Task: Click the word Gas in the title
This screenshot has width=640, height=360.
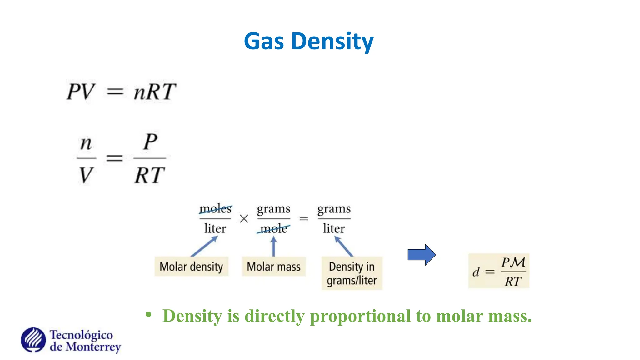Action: point(263,41)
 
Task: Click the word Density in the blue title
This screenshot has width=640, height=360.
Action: point(332,42)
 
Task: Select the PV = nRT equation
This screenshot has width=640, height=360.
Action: point(121,92)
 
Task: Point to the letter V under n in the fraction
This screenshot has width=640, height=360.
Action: point(86,175)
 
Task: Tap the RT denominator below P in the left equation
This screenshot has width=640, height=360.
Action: point(149,175)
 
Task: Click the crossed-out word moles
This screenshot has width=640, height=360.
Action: point(215,209)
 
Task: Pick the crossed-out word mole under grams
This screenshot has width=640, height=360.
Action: point(273,229)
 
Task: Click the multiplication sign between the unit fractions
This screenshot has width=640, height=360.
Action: point(244,219)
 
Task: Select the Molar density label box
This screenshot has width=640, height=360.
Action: point(191,267)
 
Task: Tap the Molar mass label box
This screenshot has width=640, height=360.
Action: point(273,267)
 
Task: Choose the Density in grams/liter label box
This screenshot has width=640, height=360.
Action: point(352,273)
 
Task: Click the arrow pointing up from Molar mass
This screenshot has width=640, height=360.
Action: point(274,246)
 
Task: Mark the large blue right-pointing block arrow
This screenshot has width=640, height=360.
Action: point(422,255)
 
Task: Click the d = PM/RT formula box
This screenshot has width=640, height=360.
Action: point(499,271)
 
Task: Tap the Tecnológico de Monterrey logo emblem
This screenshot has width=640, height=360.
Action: point(33,340)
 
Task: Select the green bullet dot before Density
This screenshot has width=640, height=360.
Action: point(148,314)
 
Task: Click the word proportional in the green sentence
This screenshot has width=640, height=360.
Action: point(360,316)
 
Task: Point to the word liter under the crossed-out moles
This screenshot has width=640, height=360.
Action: point(215,229)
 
